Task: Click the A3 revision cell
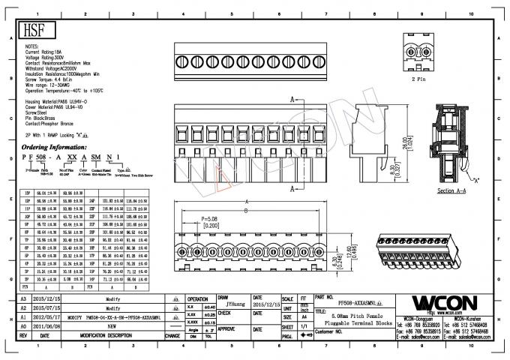pyautogui.click(x=22, y=298)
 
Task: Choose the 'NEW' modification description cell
pyautogui.click(x=112, y=327)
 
